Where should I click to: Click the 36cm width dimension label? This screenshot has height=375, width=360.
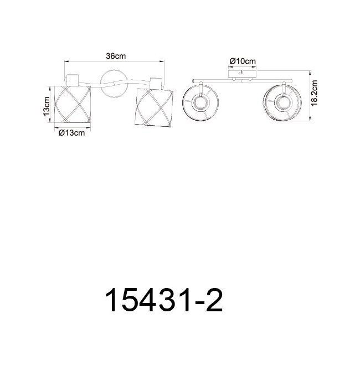tap(116, 56)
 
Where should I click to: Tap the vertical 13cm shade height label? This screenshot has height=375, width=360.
tap(47, 106)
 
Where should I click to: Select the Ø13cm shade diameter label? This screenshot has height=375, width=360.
tap(72, 132)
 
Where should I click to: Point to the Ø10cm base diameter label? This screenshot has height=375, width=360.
tap(243, 61)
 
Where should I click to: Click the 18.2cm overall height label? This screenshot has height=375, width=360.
tap(315, 93)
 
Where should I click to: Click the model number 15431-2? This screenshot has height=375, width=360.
tap(164, 300)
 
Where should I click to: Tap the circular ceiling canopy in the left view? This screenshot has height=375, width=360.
tap(114, 83)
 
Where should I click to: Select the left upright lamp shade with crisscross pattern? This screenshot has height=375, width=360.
tap(73, 104)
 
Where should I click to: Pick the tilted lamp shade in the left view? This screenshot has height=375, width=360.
tap(154, 107)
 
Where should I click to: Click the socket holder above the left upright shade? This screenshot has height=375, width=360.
tap(73, 80)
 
